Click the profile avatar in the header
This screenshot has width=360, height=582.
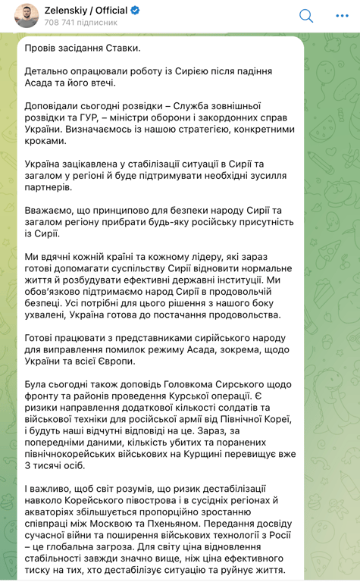(27, 15)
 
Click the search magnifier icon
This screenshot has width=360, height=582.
(305, 16)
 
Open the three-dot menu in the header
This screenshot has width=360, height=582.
(341, 16)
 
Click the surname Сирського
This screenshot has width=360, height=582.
(236, 383)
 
